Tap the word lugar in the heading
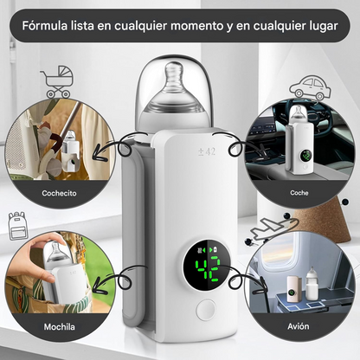pyautogui.click(x=327, y=26)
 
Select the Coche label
pyautogui.click(x=299, y=193)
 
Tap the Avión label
pyautogui.click(x=299, y=328)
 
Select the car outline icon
pyautogui.click(x=308, y=87)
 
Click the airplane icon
pyautogui.click(x=267, y=227)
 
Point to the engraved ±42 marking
pyautogui.click(x=206, y=151)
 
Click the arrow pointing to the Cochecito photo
pyautogui.click(x=117, y=143)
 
